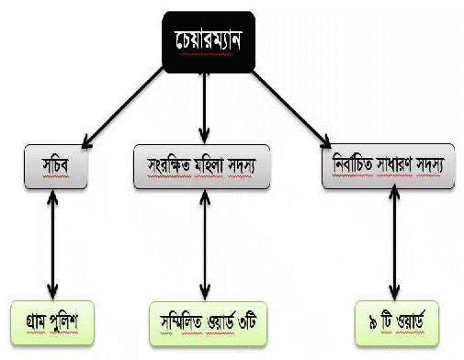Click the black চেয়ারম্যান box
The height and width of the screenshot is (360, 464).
click(x=209, y=42)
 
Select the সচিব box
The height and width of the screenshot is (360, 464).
click(x=56, y=166)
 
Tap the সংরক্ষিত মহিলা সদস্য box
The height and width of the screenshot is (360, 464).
click(x=202, y=166)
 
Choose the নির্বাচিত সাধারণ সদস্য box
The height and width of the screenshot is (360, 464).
click(x=389, y=166)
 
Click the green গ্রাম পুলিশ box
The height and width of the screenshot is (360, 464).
click(x=52, y=322)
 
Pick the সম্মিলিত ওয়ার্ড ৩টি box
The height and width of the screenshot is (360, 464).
click(x=208, y=323)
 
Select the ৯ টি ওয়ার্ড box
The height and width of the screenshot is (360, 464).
click(x=397, y=323)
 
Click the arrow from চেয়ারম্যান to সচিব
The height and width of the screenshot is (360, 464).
click(x=122, y=107)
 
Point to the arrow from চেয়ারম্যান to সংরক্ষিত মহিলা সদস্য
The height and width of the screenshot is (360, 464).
click(x=204, y=108)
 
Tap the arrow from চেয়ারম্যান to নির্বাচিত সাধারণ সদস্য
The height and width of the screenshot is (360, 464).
click(x=291, y=109)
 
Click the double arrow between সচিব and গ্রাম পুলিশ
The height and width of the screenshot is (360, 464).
click(x=52, y=244)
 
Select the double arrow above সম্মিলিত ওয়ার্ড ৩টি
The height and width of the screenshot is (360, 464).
click(x=205, y=245)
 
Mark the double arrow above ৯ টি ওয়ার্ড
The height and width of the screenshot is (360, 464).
click(x=394, y=243)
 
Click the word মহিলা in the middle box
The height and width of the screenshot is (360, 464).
click(x=209, y=165)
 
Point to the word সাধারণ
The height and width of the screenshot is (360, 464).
click(x=394, y=165)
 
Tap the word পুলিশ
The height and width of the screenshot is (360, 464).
click(x=63, y=322)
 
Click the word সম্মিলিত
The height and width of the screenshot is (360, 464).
click(x=181, y=323)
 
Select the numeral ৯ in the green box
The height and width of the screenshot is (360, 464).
click(x=373, y=323)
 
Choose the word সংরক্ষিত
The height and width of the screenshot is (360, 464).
click(x=169, y=165)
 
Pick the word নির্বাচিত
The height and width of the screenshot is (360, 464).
click(x=353, y=164)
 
